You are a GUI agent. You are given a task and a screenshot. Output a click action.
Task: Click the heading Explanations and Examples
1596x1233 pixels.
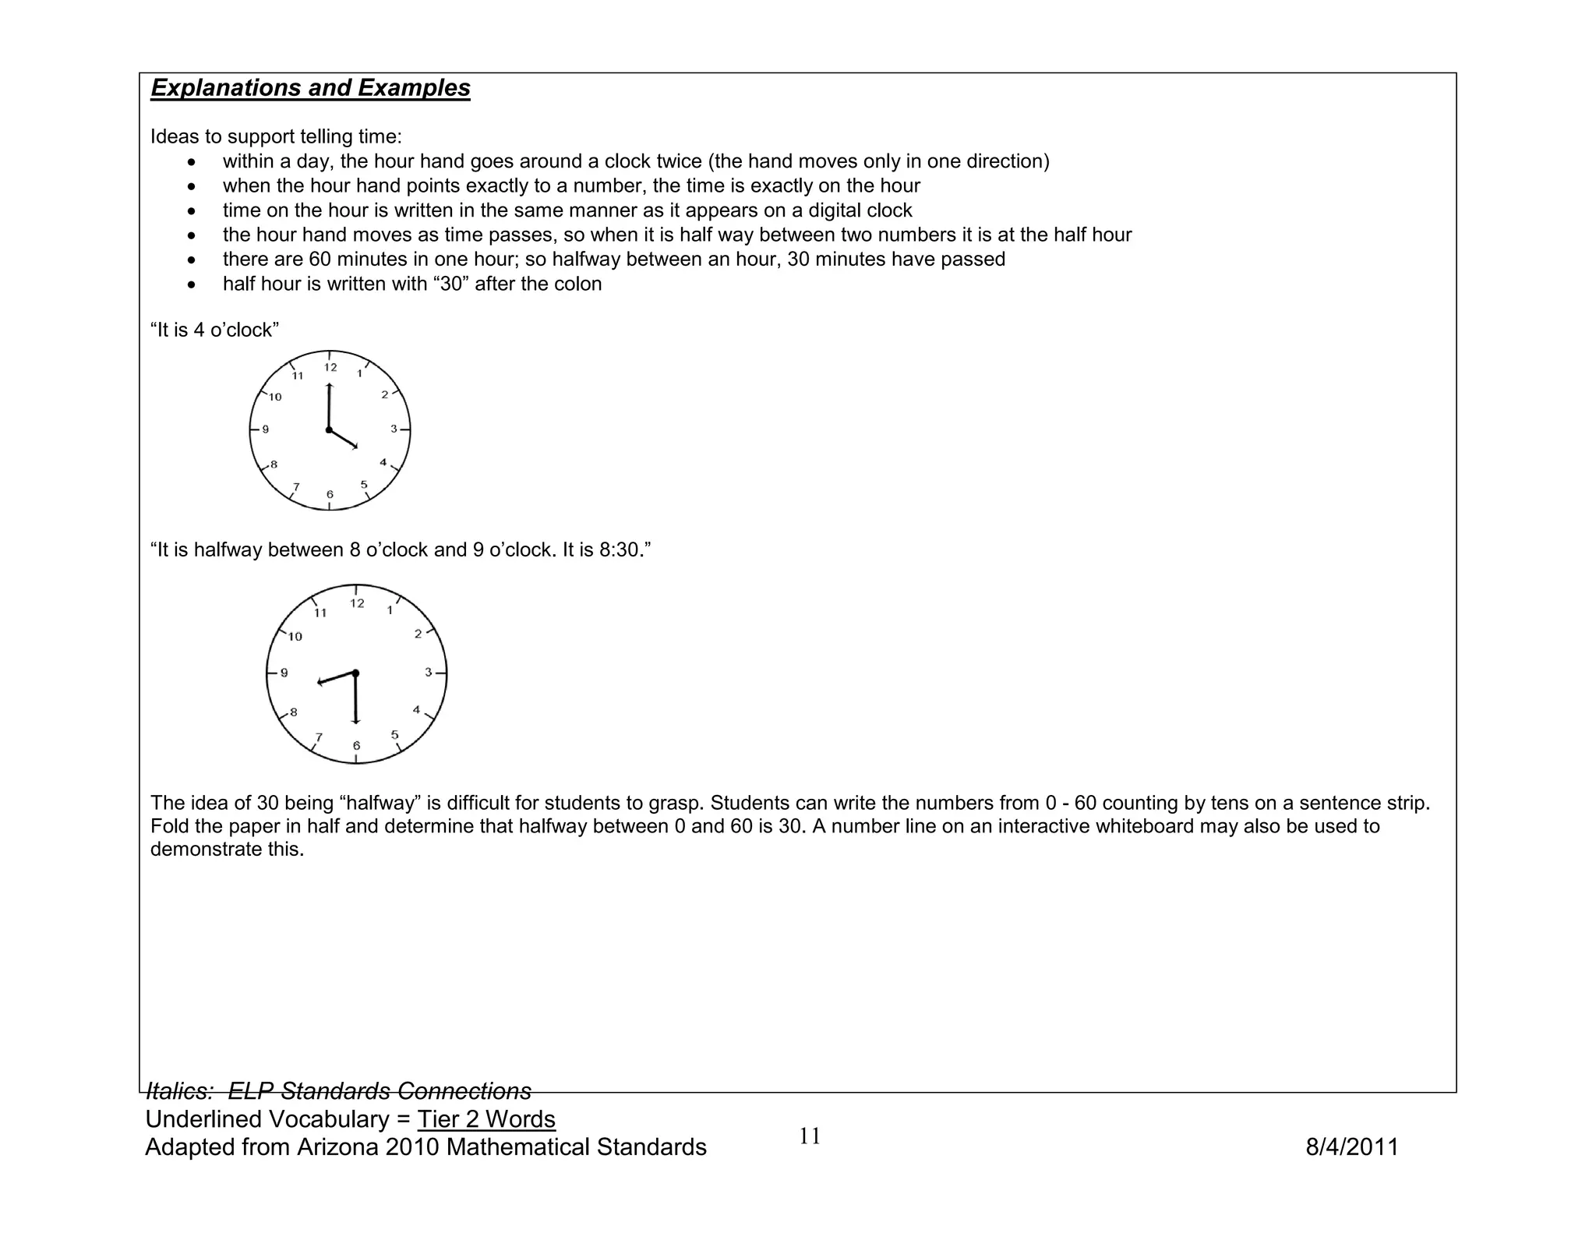(310, 88)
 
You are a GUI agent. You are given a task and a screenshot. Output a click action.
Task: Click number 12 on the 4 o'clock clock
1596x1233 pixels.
(330, 367)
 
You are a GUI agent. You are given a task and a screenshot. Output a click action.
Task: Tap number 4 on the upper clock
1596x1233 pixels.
(383, 463)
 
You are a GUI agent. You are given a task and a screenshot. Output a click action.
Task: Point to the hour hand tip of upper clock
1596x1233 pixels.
(356, 447)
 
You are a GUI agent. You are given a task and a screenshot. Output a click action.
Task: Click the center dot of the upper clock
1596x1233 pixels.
(329, 430)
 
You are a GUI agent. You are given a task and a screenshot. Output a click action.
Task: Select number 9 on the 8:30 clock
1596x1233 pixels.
(284, 673)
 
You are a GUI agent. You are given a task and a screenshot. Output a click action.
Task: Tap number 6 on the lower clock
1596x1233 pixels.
(356, 746)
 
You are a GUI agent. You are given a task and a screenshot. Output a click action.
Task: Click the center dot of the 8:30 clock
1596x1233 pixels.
(355, 673)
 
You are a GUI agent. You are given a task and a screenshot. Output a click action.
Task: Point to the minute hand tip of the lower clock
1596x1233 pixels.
(356, 722)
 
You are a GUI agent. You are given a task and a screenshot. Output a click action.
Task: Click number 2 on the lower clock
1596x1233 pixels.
(418, 634)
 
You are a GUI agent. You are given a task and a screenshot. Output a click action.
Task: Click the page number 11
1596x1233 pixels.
(810, 1136)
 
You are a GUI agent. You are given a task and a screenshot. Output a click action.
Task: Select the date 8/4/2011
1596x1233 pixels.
(1351, 1147)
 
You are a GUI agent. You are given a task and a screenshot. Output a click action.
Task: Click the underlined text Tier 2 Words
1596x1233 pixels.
(486, 1119)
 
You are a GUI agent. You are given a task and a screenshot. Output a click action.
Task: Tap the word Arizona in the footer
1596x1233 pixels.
(337, 1147)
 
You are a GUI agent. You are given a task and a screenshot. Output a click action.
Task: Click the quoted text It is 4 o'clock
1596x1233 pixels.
(214, 330)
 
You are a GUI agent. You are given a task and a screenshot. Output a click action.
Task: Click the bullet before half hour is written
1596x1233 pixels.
(192, 284)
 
